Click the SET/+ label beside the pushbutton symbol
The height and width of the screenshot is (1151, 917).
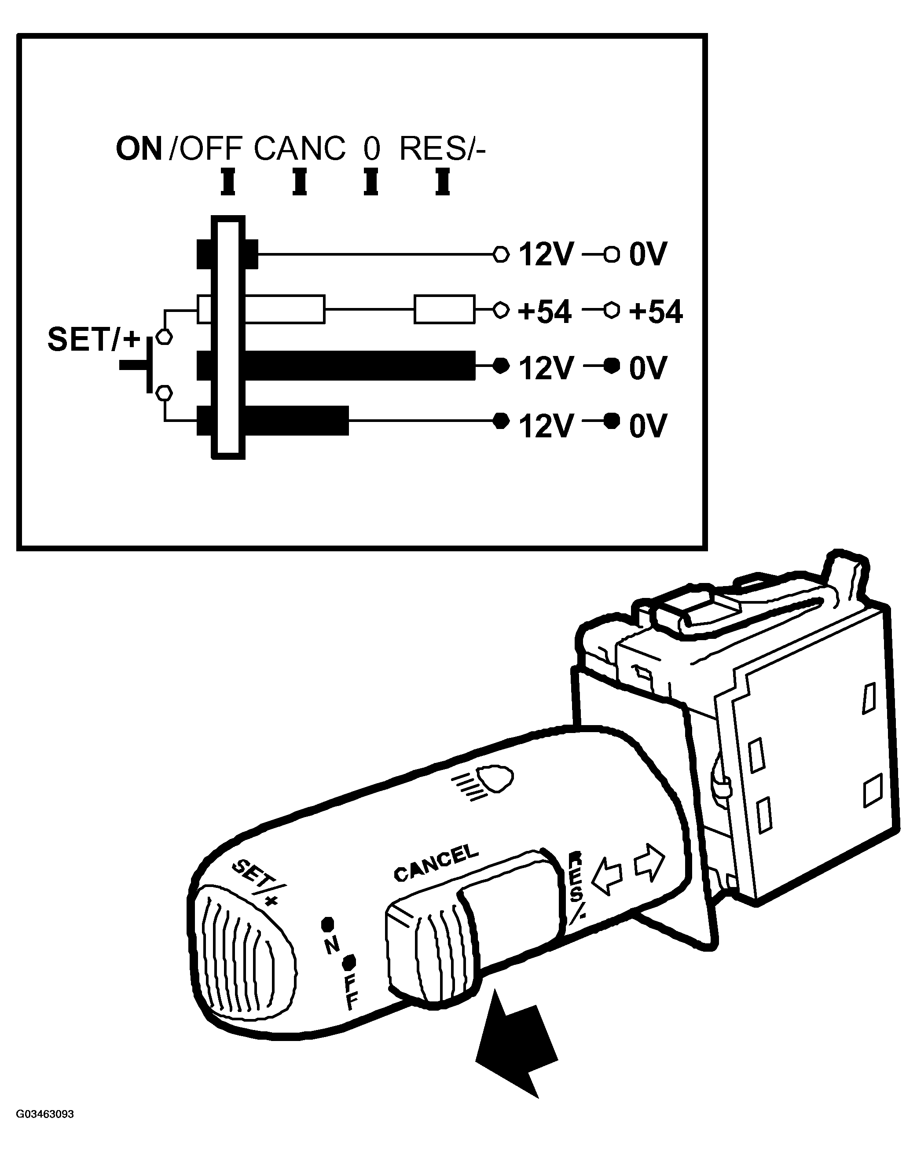(94, 340)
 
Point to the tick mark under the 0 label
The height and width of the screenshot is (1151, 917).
(371, 182)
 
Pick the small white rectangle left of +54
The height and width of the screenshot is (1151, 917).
(444, 309)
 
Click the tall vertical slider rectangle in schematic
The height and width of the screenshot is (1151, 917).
(228, 337)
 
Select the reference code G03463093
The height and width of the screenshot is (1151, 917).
(45, 1125)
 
